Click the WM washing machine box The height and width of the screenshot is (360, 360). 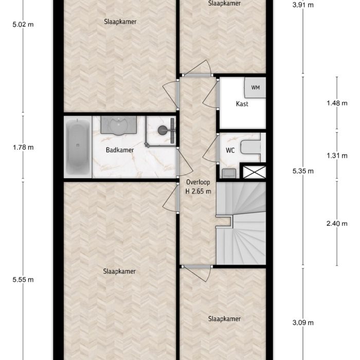click(x=255, y=88)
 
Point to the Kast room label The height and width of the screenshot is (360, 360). click(x=242, y=104)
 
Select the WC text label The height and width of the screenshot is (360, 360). click(x=230, y=151)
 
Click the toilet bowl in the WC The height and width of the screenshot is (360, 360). click(x=251, y=148)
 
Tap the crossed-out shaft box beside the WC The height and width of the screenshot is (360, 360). click(x=255, y=172)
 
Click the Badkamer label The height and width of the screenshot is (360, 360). click(x=120, y=150)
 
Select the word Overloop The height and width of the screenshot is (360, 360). click(x=196, y=182)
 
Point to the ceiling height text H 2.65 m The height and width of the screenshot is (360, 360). click(x=197, y=191)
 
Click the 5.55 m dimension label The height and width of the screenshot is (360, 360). click(x=23, y=280)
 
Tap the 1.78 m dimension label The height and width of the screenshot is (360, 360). click(x=23, y=148)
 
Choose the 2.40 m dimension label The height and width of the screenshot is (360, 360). click(x=337, y=223)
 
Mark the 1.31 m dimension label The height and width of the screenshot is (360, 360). click(x=337, y=156)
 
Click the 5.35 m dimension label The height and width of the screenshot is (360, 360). click(x=302, y=171)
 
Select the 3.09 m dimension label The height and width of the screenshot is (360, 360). click(x=302, y=323)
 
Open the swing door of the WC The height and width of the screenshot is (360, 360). click(x=210, y=149)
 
